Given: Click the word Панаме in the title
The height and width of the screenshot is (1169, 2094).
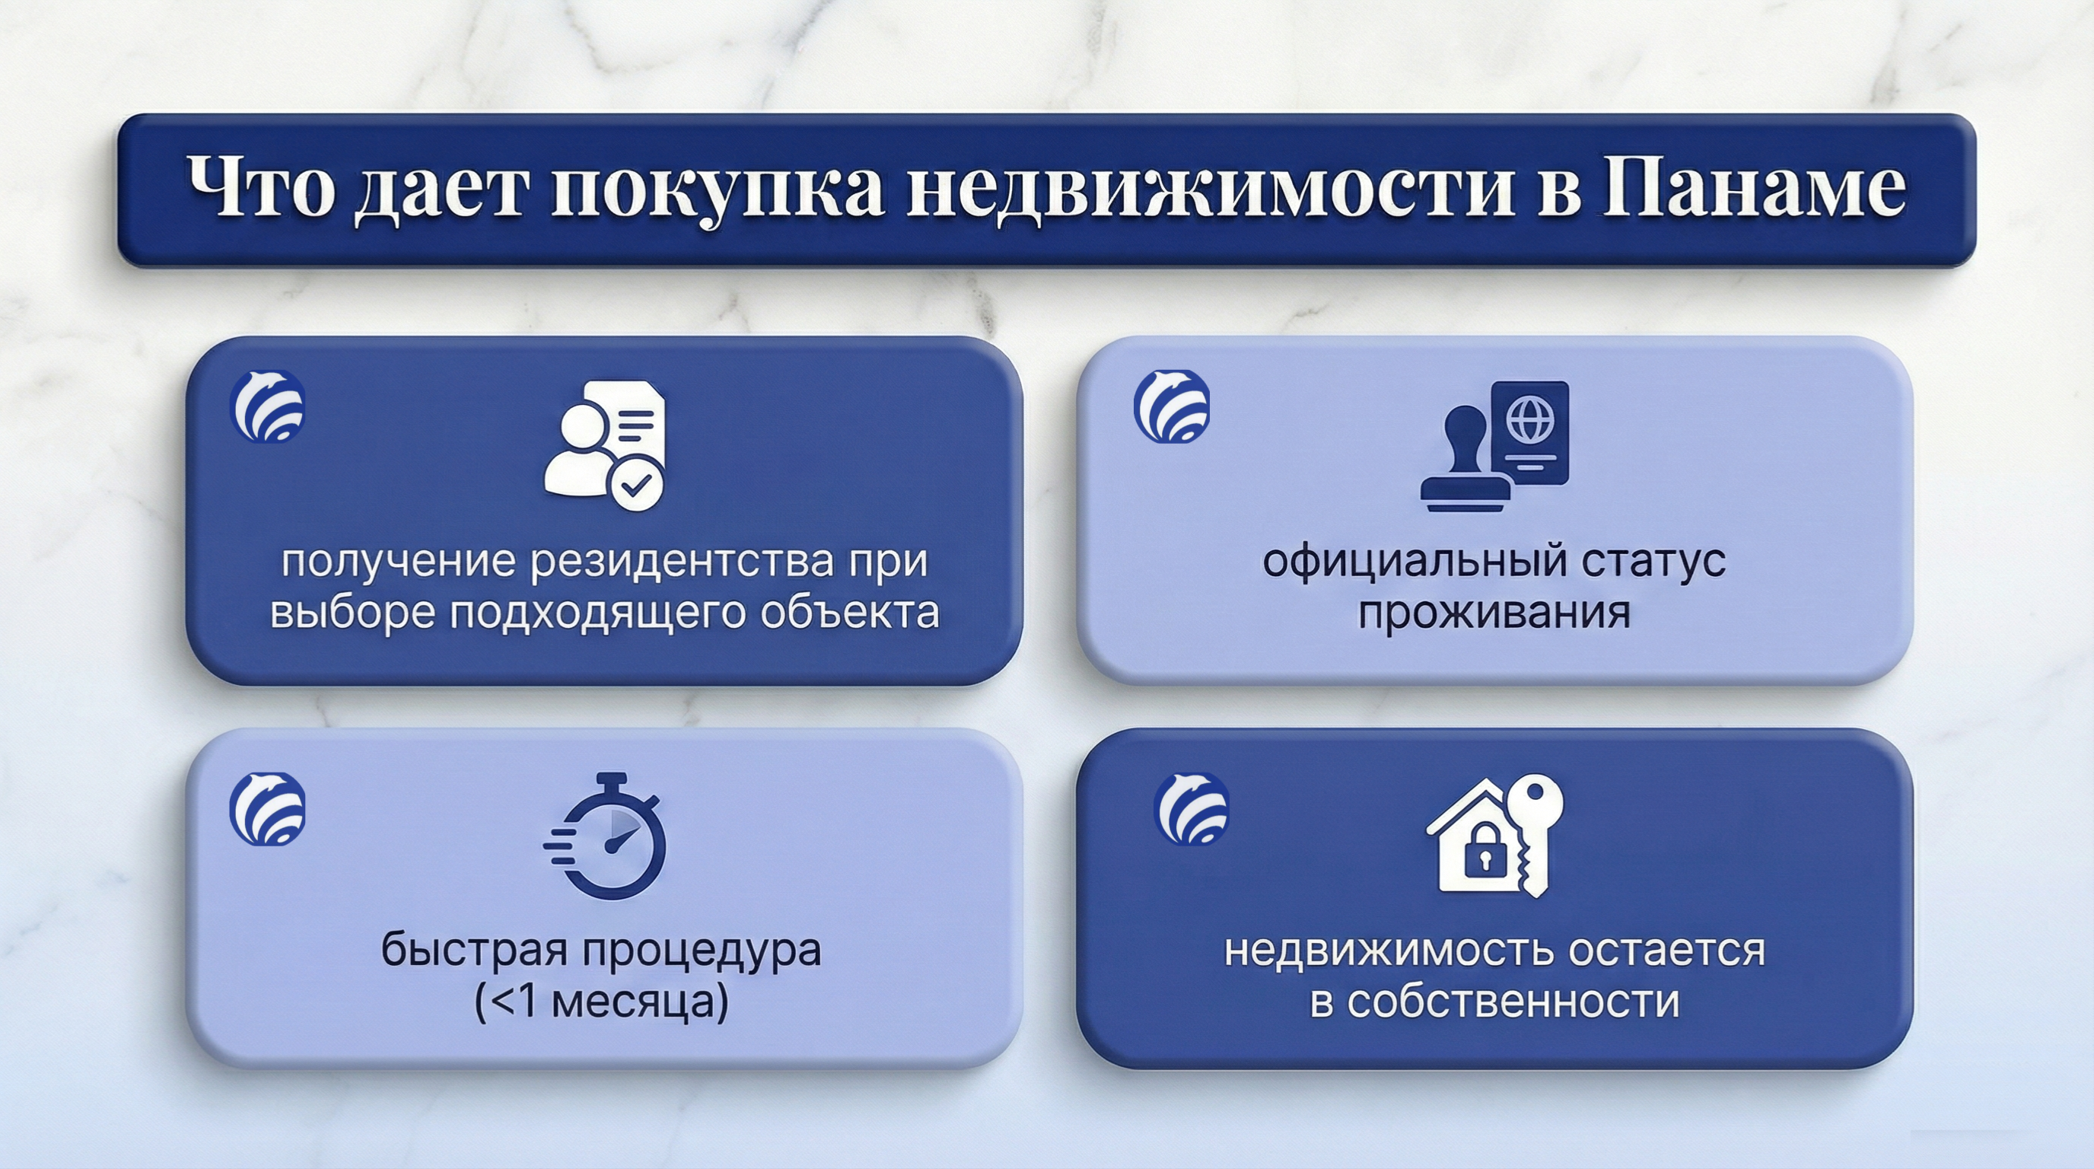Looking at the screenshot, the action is pos(1753,188).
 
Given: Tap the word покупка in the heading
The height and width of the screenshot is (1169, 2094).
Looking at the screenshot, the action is pos(717,193).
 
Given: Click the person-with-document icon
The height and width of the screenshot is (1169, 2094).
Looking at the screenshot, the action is pos(605,444).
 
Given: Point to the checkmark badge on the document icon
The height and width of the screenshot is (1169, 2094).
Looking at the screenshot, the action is pos(636,485).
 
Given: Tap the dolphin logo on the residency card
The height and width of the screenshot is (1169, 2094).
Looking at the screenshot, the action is pos(267,406).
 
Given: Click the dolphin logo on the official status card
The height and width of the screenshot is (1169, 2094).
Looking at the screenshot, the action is pos(1171,406).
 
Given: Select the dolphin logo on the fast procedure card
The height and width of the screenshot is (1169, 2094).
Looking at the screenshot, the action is pos(267,809).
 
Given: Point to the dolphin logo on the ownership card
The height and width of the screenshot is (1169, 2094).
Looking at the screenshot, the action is pos(1192,809).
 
